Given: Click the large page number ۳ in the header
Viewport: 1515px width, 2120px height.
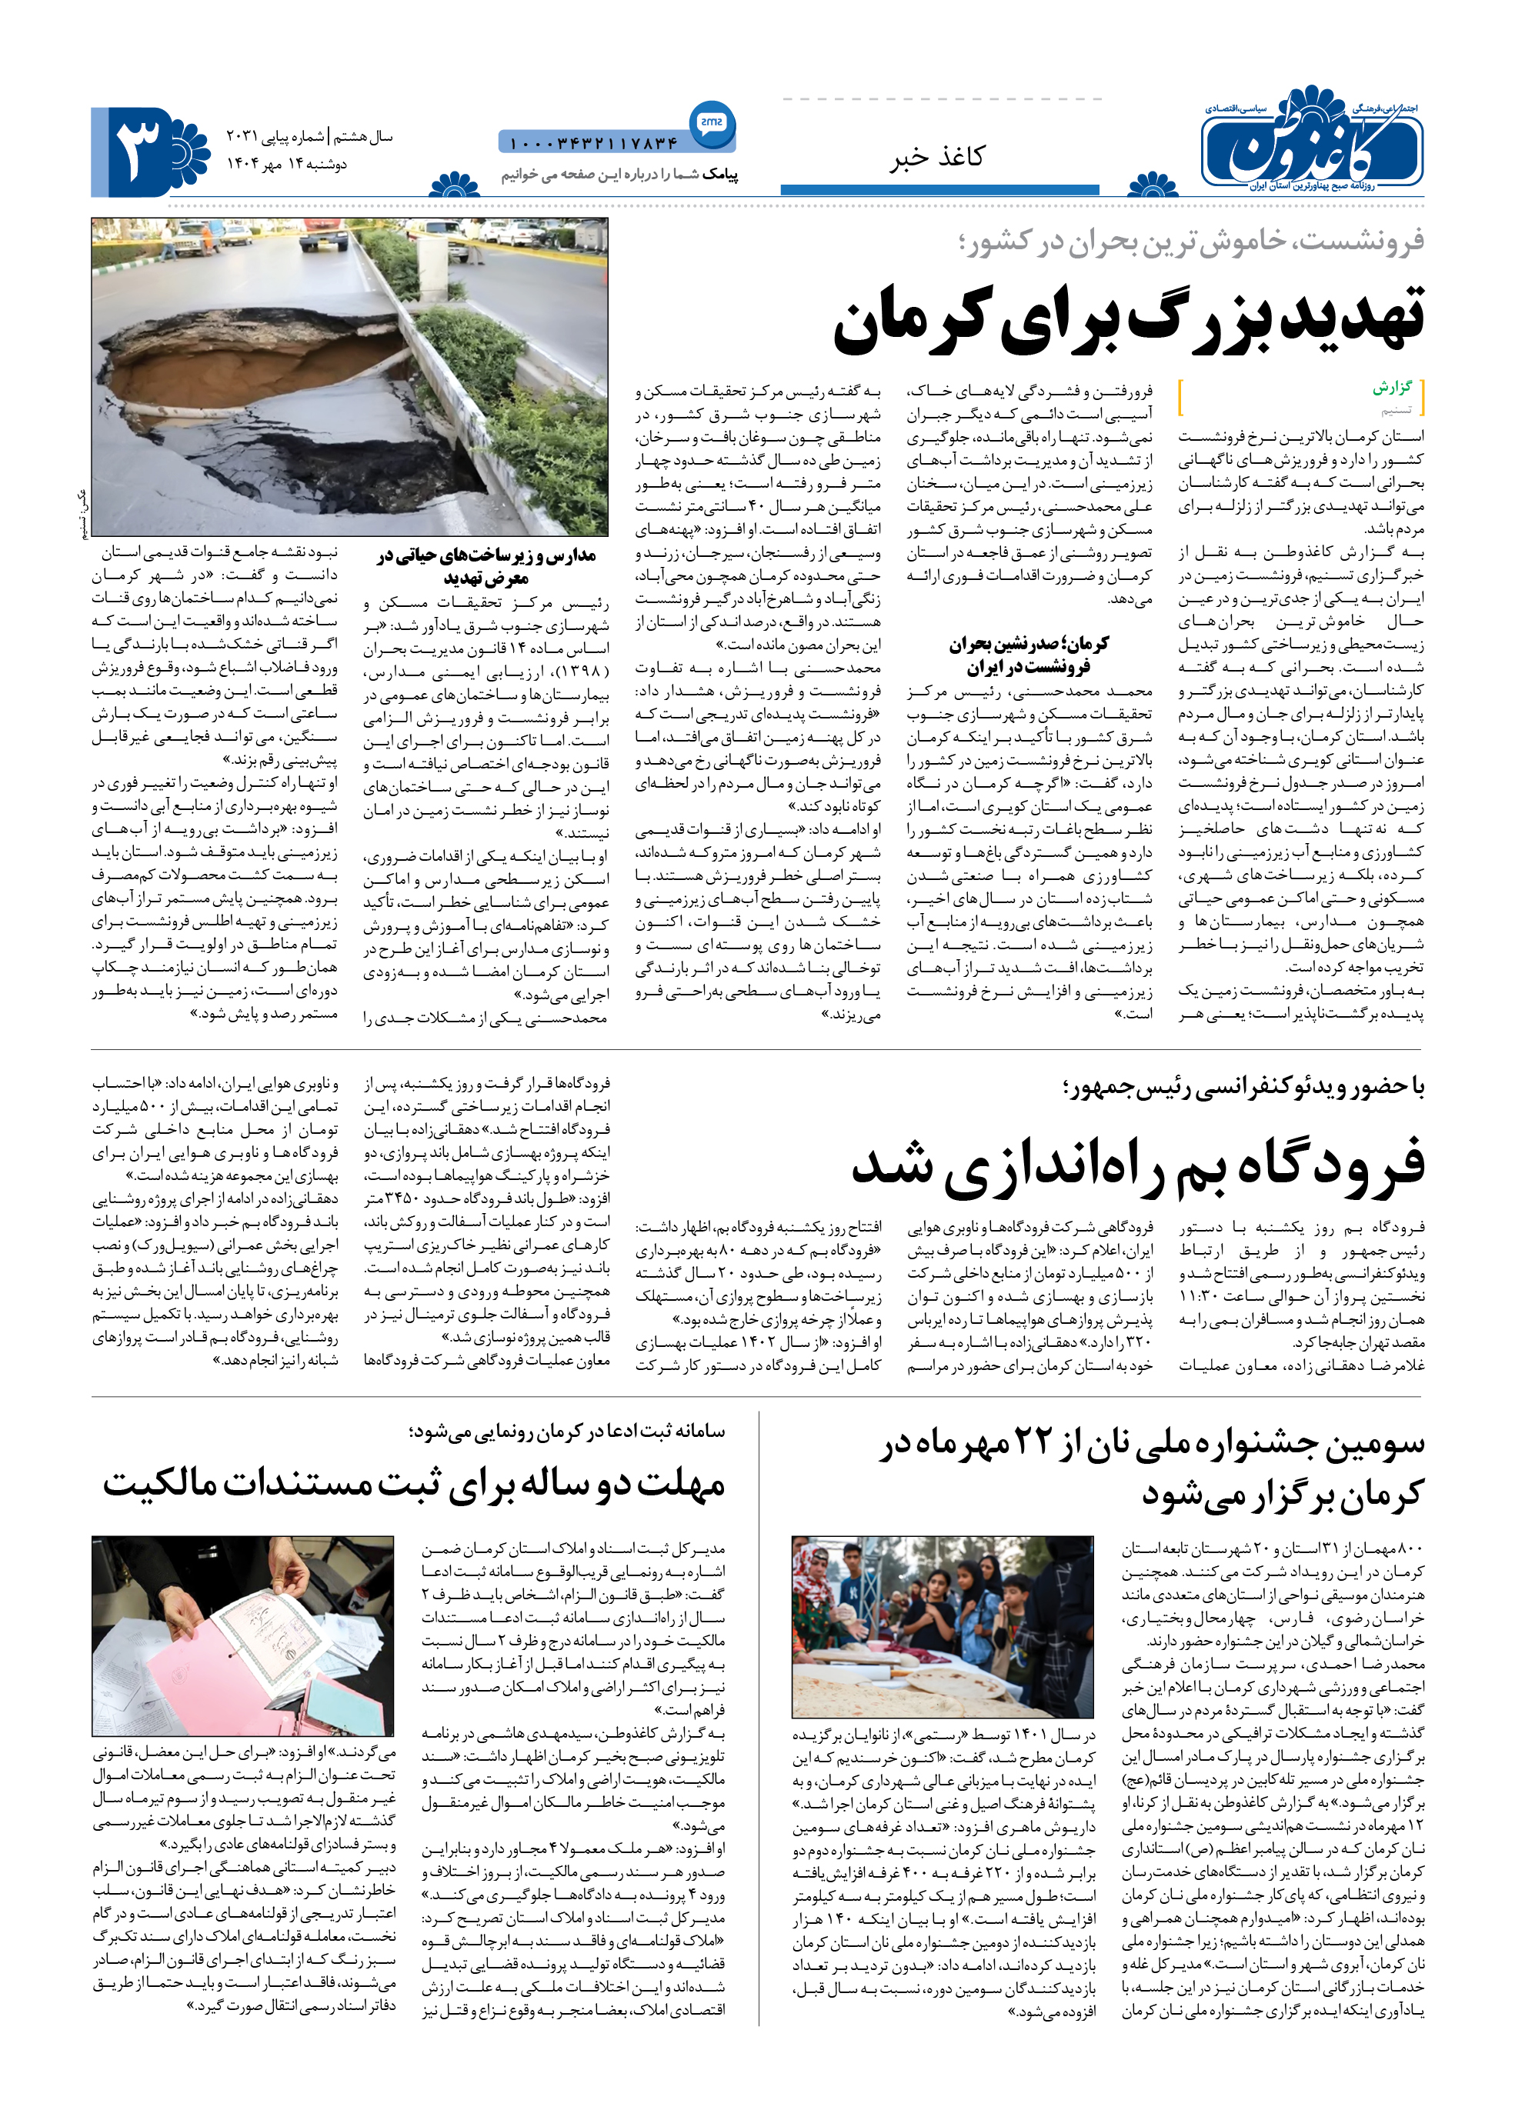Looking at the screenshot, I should coord(138,149).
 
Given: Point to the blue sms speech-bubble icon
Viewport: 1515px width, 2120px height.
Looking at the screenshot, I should coord(712,122).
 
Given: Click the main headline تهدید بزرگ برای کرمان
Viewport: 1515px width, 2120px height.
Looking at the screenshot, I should coord(1129,319).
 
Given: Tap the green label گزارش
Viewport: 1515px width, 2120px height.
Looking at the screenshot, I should coord(1392,387).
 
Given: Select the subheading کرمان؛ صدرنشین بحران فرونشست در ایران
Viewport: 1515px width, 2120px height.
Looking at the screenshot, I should coord(1029,655).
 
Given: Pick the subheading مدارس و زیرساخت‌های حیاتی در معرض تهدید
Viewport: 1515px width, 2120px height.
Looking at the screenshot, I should coord(486,566).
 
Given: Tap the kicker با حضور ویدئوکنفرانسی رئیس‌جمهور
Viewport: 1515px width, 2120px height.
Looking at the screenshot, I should coord(1243,1087).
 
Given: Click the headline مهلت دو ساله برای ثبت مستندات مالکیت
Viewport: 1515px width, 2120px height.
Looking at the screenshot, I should coord(414,1484).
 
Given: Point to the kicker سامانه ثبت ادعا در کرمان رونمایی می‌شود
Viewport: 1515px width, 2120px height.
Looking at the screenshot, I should coord(566,1431).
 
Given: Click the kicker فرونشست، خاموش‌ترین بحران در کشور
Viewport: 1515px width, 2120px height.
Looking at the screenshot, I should coord(1191,242).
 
